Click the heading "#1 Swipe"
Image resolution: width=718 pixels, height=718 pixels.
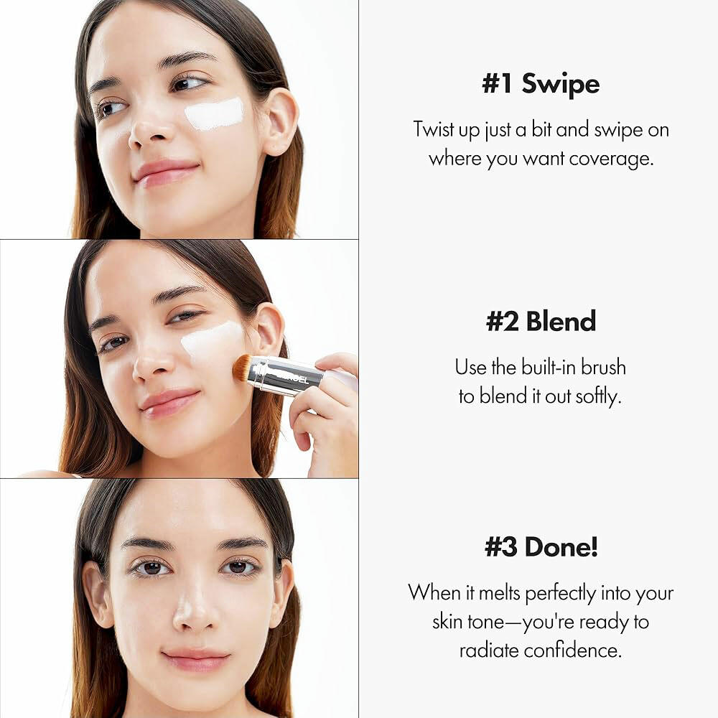click(x=541, y=84)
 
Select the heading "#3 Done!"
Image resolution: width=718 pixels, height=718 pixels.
click(x=541, y=546)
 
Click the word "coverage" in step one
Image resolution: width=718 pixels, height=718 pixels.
click(x=611, y=159)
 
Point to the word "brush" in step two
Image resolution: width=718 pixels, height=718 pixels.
click(x=603, y=367)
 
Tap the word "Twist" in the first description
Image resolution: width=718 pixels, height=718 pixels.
click(x=433, y=129)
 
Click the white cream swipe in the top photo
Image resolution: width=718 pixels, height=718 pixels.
click(x=214, y=113)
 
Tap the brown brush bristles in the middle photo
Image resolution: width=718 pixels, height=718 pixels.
click(x=242, y=368)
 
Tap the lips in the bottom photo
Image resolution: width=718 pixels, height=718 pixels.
click(x=195, y=660)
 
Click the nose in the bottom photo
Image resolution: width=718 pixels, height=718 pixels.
click(x=195, y=609)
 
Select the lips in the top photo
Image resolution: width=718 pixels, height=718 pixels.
click(x=165, y=172)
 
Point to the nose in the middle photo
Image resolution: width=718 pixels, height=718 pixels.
click(x=151, y=362)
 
